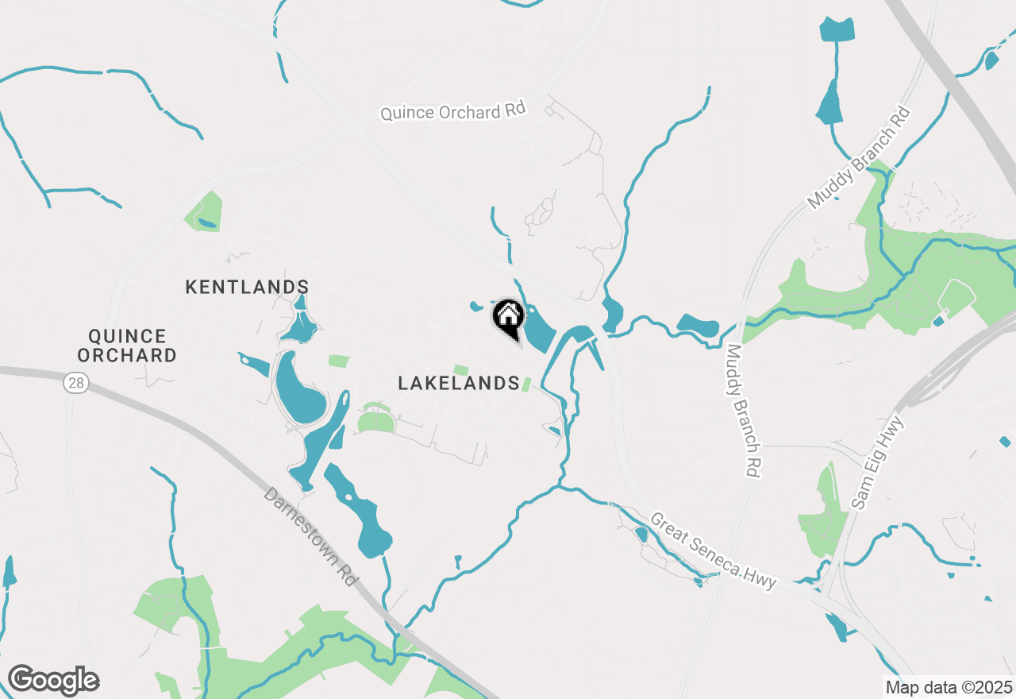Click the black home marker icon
tap(508, 318)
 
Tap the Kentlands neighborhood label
tap(247, 287)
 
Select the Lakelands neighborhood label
tap(459, 384)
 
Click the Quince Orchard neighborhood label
tap(127, 346)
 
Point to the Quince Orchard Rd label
tap(452, 111)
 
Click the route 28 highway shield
tap(76, 384)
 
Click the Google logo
tap(53, 680)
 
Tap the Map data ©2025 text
tap(948, 687)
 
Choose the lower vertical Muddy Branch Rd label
tap(744, 411)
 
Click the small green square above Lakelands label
tap(460, 370)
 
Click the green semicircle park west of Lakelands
tap(375, 420)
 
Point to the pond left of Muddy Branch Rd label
tap(697, 325)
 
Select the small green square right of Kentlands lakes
tap(338, 361)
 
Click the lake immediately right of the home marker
tap(538, 330)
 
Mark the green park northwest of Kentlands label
tap(203, 211)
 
